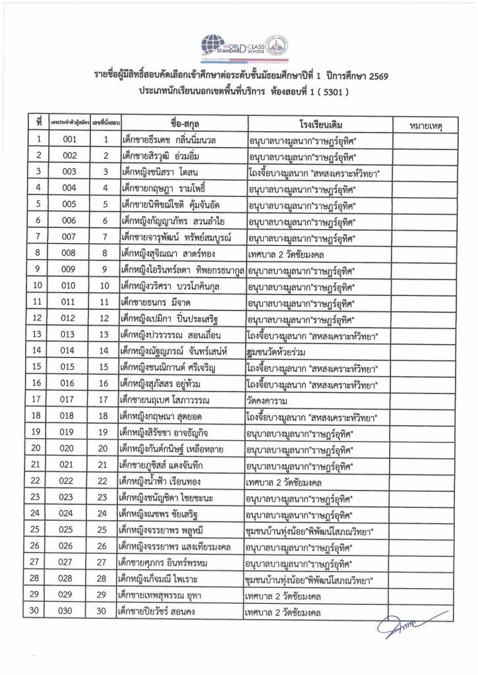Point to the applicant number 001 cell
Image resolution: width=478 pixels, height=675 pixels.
click(x=69, y=140)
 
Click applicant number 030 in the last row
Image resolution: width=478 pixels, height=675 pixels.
click(x=69, y=612)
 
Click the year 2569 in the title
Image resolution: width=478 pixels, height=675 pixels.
click(x=375, y=77)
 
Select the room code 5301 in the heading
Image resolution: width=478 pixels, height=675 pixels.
click(x=326, y=93)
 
